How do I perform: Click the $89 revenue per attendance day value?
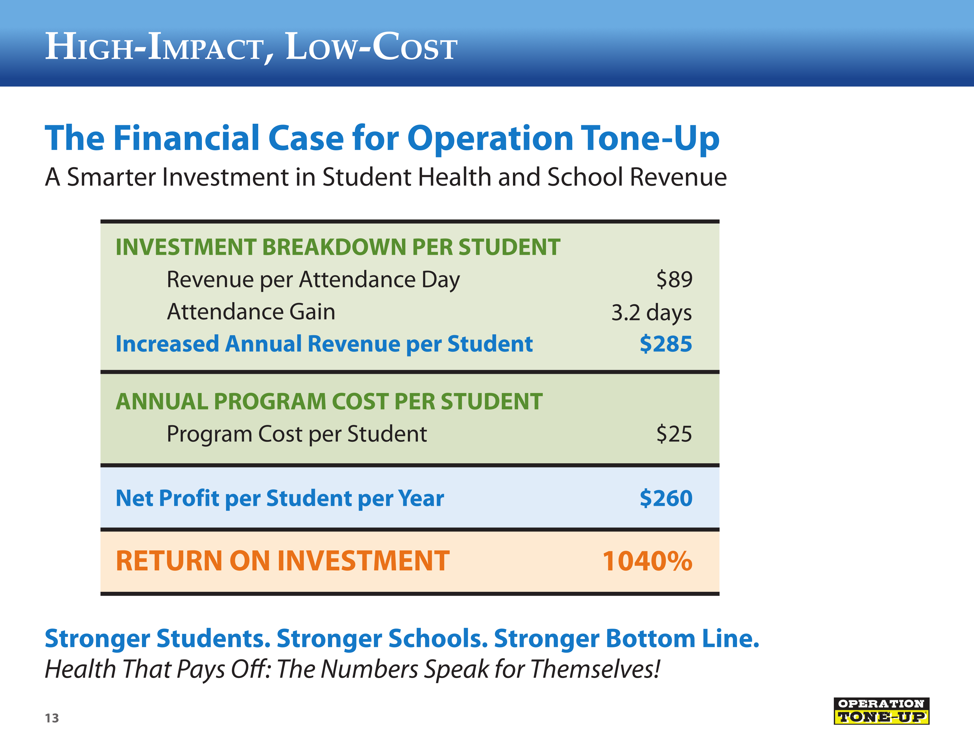coord(674,280)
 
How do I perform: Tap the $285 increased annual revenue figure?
coord(666,344)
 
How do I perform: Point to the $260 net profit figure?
coord(666,498)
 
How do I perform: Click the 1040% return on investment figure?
coord(647,561)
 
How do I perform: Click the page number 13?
coord(52,718)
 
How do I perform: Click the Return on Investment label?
coord(282,561)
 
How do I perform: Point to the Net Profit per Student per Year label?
coord(280,498)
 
